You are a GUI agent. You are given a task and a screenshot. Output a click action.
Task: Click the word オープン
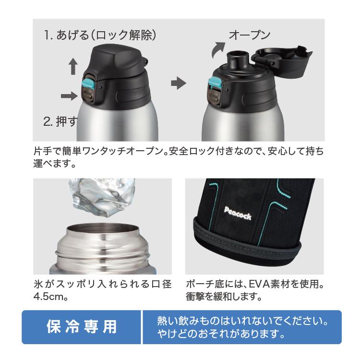pos(250,35)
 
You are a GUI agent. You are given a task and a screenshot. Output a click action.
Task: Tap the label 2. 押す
pos(60,121)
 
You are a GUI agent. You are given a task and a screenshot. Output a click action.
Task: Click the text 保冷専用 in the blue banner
pos(82,326)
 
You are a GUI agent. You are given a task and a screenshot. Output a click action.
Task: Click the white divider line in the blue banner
pos(142,327)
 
